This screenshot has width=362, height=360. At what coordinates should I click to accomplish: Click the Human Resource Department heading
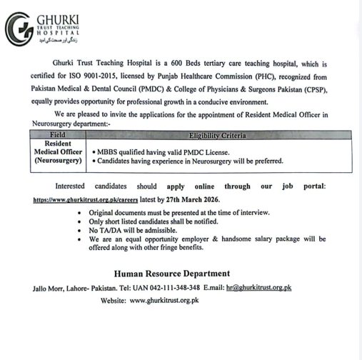coord(172,274)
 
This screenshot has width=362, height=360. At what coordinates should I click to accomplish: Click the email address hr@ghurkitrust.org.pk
coord(258,287)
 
